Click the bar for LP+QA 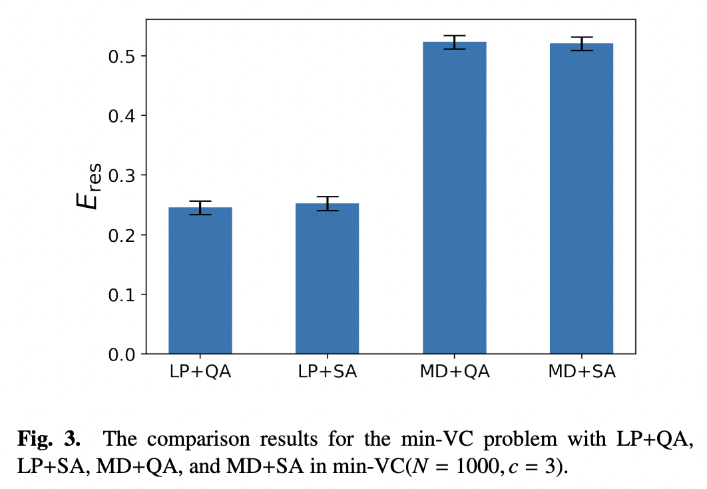pyautogui.click(x=200, y=280)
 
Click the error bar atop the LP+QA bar pyautogui.click(x=200, y=208)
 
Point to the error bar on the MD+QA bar pyautogui.click(x=454, y=42)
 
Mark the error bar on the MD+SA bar pyautogui.click(x=581, y=44)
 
